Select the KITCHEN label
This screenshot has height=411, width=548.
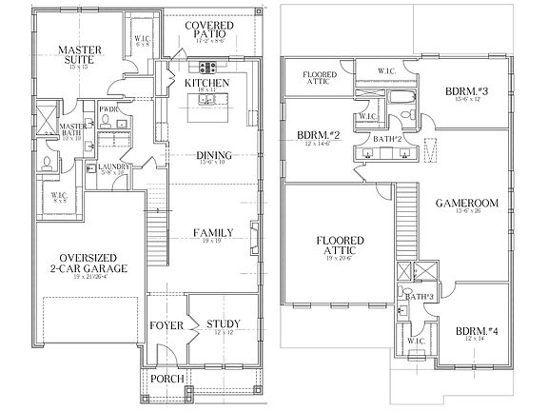click(207, 84)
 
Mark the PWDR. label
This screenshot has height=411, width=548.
click(108, 108)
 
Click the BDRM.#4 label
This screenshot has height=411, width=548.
click(476, 333)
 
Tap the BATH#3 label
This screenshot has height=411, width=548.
click(420, 297)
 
